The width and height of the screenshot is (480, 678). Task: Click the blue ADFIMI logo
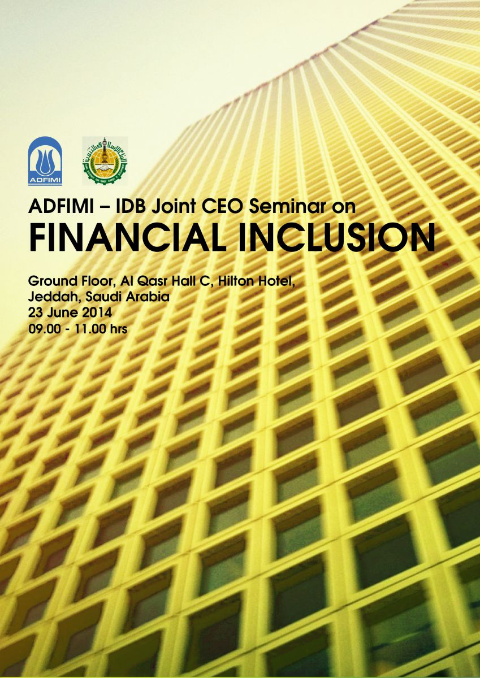pos(45,160)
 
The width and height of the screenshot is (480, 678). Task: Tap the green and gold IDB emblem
pos(105,161)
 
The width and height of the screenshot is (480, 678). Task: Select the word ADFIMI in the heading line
pos(61,207)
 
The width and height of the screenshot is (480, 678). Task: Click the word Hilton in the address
pos(236,281)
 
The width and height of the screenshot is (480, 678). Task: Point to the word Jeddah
pos(54,297)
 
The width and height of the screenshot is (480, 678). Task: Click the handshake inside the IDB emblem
pos(105,167)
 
